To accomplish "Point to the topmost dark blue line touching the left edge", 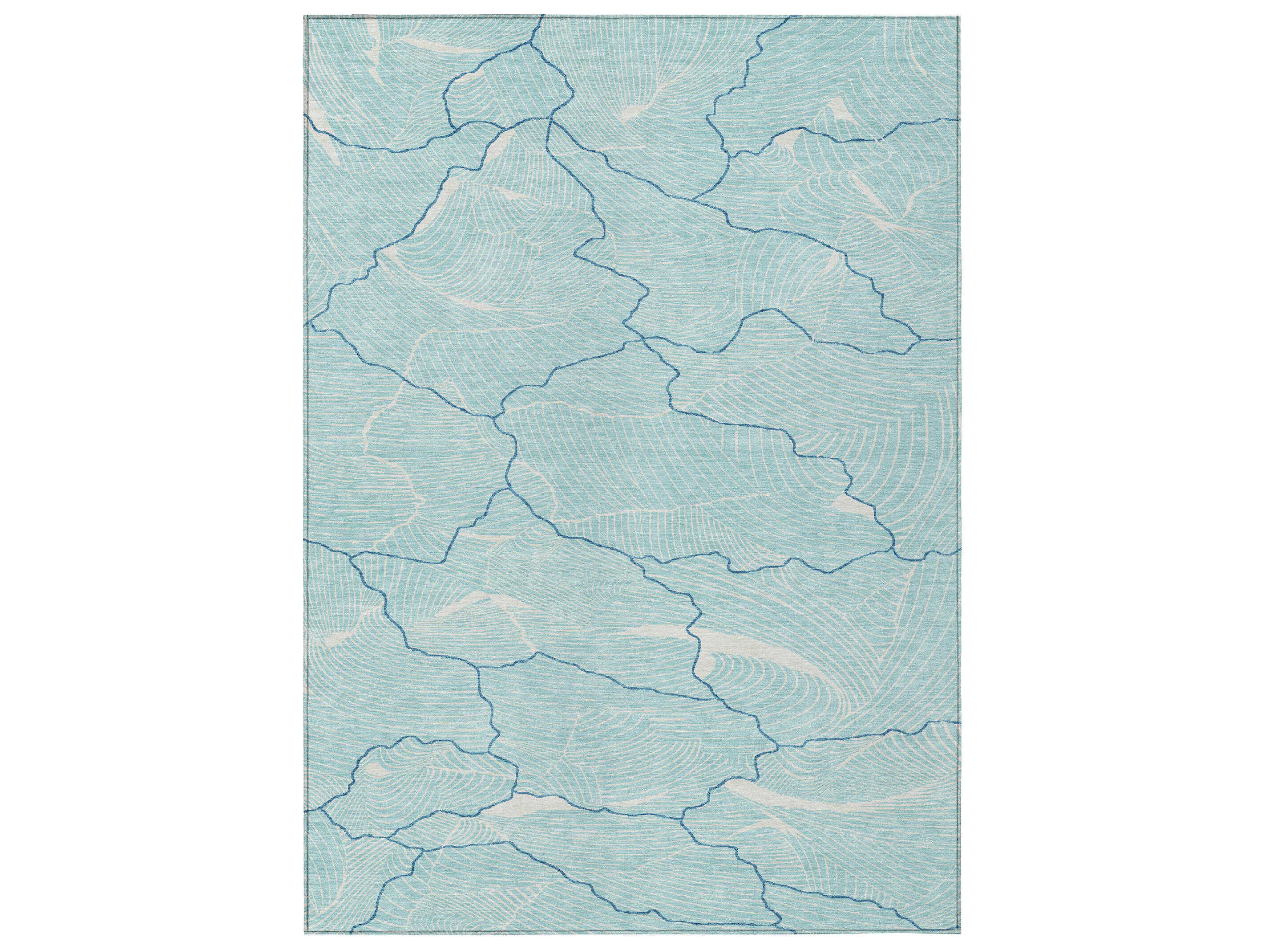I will click(307, 117).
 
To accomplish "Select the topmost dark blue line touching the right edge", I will click(960, 120).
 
